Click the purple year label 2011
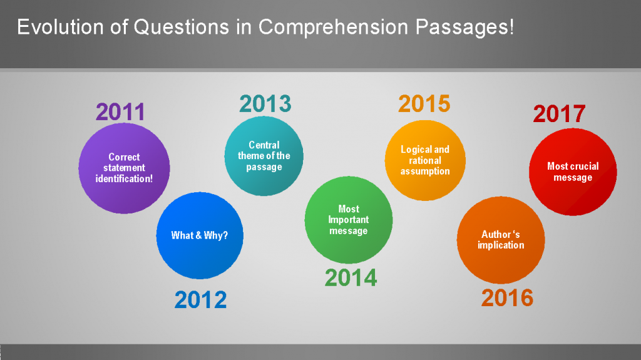120,112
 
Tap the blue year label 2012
200,300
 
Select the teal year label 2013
265,103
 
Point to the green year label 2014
351,277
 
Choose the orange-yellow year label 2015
424,104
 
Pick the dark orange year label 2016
507,298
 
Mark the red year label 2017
559,114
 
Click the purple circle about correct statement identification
124,168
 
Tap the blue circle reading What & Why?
200,235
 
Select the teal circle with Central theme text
264,157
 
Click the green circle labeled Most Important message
349,220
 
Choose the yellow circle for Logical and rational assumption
425,160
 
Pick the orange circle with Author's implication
501,240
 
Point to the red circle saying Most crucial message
573,172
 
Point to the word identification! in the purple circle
124,178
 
